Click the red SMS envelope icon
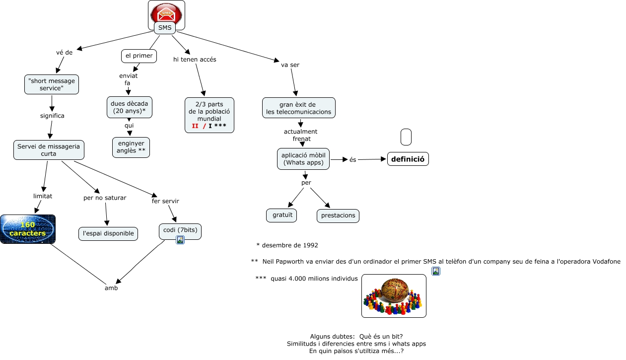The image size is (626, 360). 166,12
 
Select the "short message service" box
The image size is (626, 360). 52,84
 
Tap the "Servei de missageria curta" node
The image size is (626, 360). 49,150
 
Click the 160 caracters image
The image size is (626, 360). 28,229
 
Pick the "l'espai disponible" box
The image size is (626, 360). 108,233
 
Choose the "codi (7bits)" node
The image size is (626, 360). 180,230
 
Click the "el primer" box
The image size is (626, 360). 139,56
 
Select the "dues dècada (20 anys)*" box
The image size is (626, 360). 130,107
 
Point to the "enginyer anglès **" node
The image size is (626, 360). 131,147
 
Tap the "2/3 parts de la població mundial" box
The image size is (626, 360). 209,115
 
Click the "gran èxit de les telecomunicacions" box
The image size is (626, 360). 299,108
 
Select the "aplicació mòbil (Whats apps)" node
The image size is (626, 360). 303,159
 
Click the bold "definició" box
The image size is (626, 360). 408,159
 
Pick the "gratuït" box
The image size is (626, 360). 281,215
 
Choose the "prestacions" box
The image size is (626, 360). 338,216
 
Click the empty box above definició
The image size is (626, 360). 406,137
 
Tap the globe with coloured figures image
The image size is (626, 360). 394,296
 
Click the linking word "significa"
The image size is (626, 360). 52,116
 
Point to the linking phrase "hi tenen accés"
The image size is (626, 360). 195,60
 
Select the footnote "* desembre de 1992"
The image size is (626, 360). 287,245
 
